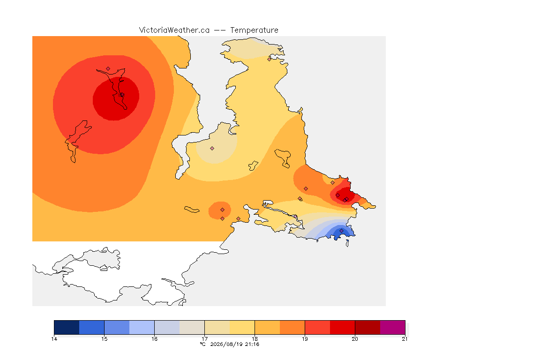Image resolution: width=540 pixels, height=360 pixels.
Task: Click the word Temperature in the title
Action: point(254,30)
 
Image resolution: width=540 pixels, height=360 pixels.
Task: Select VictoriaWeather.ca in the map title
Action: point(174,30)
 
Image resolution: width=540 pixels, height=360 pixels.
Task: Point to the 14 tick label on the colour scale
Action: point(54,339)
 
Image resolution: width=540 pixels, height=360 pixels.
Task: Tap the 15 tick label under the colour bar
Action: point(105,339)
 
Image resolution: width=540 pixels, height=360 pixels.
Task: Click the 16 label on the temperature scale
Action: point(154,339)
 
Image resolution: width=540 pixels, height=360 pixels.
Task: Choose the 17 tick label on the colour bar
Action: point(204,339)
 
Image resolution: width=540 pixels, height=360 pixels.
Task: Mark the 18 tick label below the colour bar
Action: point(255,339)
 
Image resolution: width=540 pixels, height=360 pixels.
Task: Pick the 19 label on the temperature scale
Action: point(305,339)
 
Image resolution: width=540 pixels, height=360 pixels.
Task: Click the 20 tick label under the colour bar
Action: point(355,339)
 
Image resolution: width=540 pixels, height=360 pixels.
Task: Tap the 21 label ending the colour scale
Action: point(405,339)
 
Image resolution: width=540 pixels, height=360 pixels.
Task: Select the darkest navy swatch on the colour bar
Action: point(67,327)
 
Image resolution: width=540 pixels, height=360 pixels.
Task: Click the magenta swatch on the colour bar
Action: point(393,327)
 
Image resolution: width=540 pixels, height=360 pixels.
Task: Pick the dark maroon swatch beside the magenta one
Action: point(367,327)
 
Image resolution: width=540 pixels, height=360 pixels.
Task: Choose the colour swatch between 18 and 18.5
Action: point(267,327)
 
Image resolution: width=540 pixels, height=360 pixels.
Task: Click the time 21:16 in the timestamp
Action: point(252,344)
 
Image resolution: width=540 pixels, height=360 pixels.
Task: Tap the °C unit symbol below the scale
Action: point(202,344)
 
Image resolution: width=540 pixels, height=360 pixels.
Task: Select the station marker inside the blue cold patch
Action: point(341,231)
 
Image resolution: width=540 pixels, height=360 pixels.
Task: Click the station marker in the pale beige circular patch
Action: point(212,149)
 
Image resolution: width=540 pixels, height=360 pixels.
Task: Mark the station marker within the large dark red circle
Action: point(122,95)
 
